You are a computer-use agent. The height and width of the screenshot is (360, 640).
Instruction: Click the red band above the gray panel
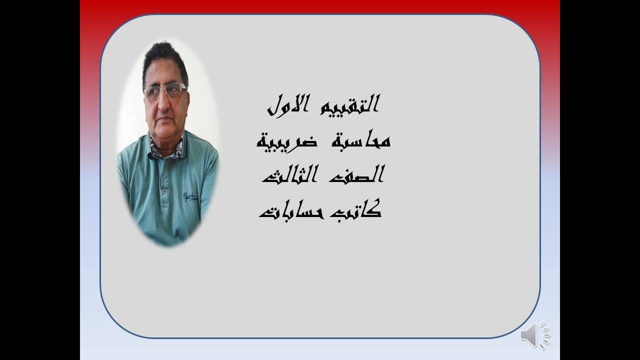click(x=320, y=6)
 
